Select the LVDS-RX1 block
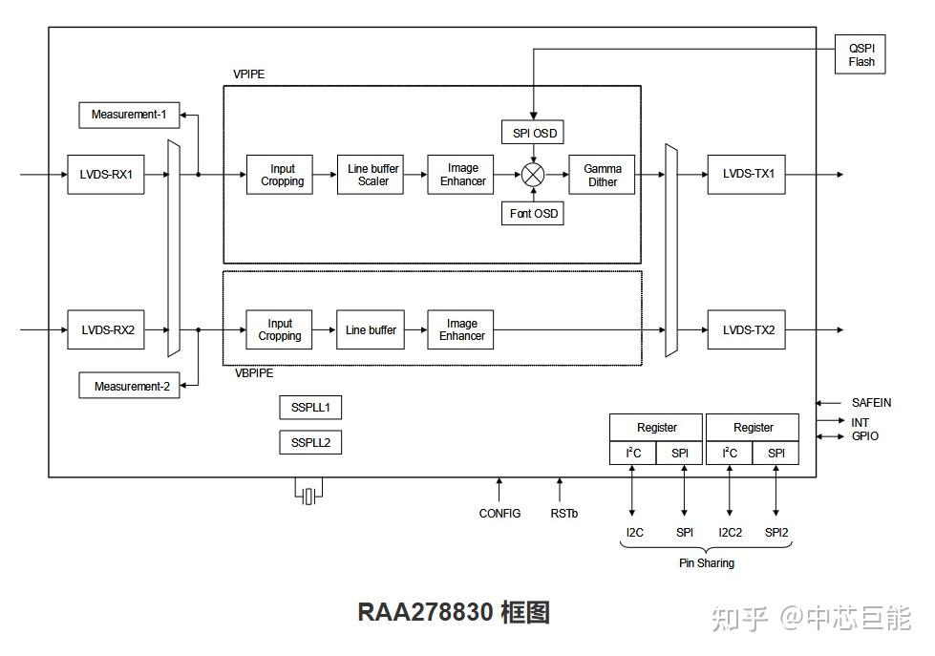click(106, 175)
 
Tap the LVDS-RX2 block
click(106, 330)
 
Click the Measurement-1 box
click(129, 115)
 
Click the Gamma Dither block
click(602, 175)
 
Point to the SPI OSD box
click(534, 133)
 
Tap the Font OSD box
click(534, 214)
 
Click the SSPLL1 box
click(310, 408)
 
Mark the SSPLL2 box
click(310, 443)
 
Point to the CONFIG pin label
click(499, 514)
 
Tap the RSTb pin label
click(563, 514)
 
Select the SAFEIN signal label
click(871, 403)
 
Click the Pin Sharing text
click(706, 563)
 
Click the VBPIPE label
click(255, 373)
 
